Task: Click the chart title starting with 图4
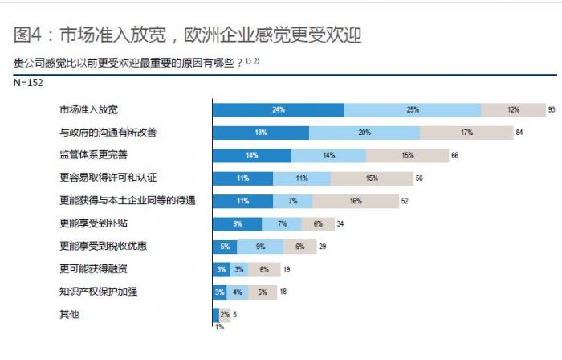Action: coord(188,35)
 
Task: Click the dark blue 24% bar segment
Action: coord(278,109)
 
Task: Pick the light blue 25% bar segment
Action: coord(413,109)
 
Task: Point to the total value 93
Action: coord(552,109)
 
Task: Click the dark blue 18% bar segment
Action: coord(260,133)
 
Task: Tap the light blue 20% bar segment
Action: coord(364,133)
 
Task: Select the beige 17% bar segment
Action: coord(466,133)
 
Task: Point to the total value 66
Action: coord(454,155)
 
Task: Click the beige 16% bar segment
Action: coord(356,201)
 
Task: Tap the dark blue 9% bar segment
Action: coord(237,224)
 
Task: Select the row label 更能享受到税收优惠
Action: coord(100,247)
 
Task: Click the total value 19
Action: coord(286,270)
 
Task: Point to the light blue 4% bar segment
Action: coord(237,292)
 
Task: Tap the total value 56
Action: coord(418,178)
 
